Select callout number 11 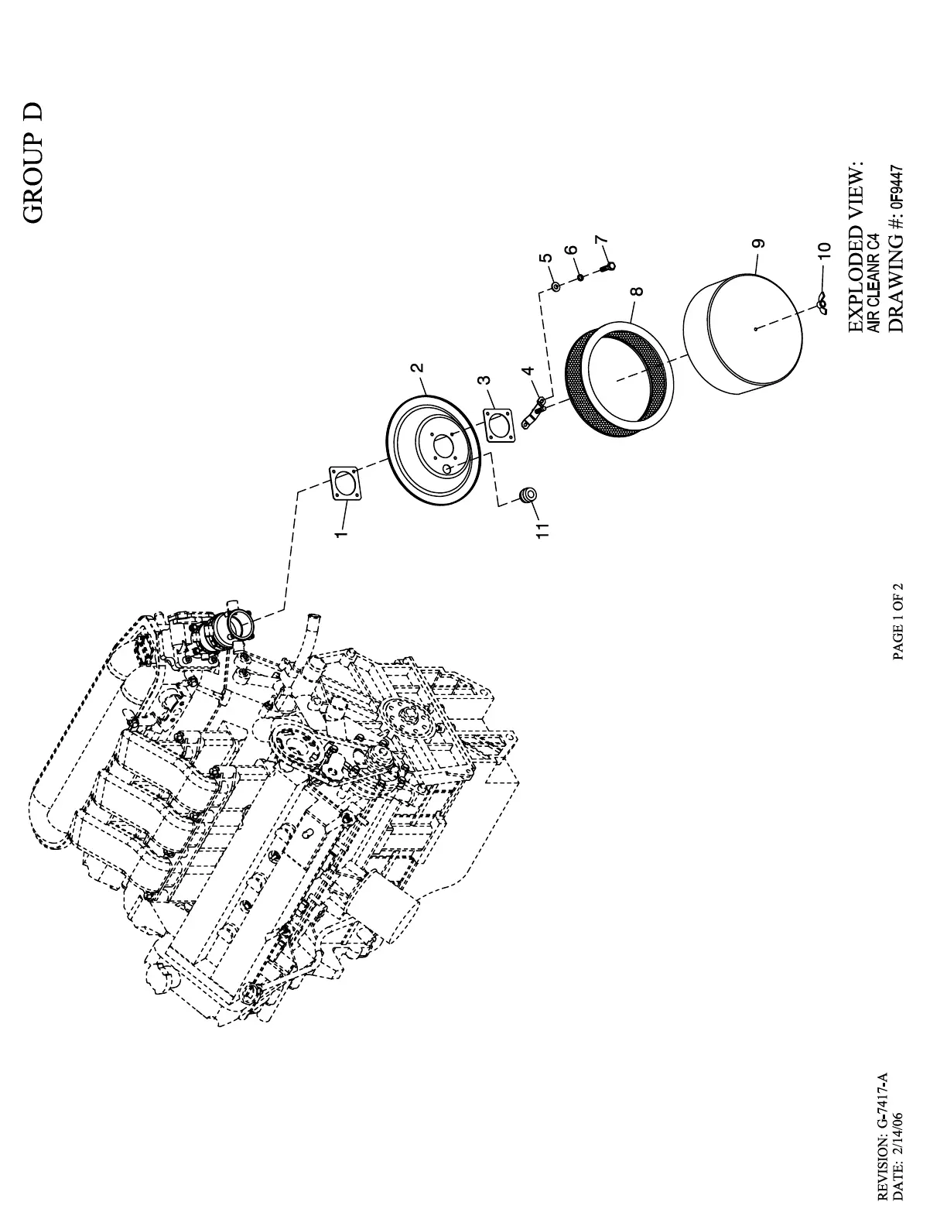click(543, 529)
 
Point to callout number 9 click(761, 243)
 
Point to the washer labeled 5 click(556, 286)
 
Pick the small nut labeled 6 click(579, 276)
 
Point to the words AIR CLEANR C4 click(873, 283)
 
